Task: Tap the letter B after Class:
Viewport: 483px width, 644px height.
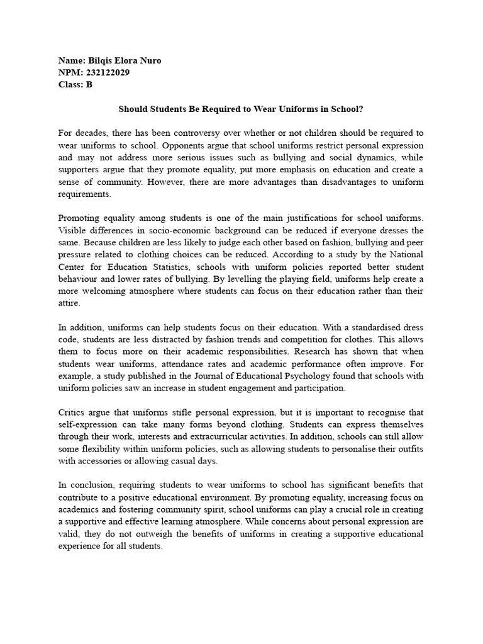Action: click(89, 85)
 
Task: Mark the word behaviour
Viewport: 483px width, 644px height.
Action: click(78, 279)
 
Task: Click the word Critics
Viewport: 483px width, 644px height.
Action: click(71, 413)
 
